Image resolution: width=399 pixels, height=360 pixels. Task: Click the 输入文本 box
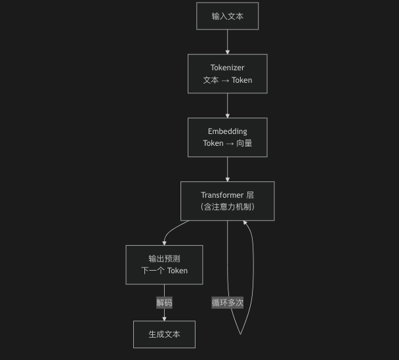click(227, 16)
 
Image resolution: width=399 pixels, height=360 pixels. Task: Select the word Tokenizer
click(227, 68)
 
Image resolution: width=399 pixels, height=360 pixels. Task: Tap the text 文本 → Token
click(228, 80)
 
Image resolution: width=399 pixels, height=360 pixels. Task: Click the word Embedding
click(228, 131)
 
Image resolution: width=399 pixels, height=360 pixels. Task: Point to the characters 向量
click(244, 143)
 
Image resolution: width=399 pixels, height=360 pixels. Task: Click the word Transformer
click(222, 195)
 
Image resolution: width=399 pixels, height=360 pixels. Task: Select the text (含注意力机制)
click(228, 207)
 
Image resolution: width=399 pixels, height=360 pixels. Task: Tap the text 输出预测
click(164, 259)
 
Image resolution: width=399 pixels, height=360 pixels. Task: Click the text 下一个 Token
click(164, 271)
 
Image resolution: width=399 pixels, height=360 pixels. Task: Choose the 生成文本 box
click(164, 334)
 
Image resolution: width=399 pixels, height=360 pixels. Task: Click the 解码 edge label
click(164, 303)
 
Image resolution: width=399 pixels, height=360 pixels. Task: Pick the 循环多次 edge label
click(227, 303)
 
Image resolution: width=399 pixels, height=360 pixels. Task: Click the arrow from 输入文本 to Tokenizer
click(228, 42)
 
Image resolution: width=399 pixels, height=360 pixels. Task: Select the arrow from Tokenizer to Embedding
click(228, 106)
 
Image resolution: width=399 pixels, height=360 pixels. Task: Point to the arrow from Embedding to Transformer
click(228, 169)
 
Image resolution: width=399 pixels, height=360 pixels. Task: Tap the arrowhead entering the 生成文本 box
click(164, 319)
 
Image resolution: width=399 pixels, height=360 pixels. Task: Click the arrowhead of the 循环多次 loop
click(245, 223)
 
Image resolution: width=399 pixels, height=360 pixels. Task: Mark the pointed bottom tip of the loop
click(240, 334)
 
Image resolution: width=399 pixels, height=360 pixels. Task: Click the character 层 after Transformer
click(250, 195)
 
